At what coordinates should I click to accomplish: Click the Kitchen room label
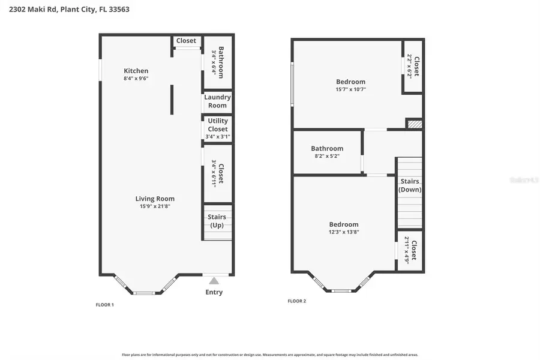pyautogui.click(x=136, y=71)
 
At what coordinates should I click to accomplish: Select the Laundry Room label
pyautogui.click(x=217, y=101)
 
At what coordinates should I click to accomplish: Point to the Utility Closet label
pyautogui.click(x=218, y=125)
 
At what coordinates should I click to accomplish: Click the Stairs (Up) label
pyautogui.click(x=216, y=221)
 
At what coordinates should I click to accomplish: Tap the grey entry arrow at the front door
pyautogui.click(x=214, y=280)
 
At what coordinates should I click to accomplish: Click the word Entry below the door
pyautogui.click(x=214, y=292)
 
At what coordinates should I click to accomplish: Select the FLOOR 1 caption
pyautogui.click(x=104, y=305)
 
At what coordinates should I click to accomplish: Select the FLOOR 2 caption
pyautogui.click(x=296, y=301)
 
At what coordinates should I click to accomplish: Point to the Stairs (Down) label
pyautogui.click(x=410, y=185)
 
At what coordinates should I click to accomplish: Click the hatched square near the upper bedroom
pyautogui.click(x=415, y=124)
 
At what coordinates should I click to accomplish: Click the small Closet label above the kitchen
pyautogui.click(x=186, y=41)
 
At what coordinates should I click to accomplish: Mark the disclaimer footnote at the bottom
pyautogui.click(x=270, y=355)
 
